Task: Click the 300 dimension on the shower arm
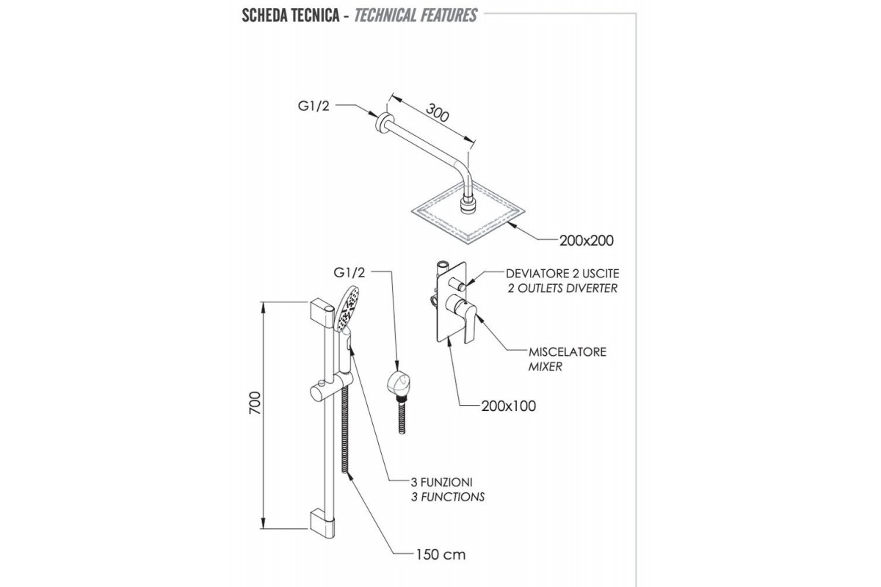(x=438, y=112)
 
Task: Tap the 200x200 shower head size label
(x=587, y=241)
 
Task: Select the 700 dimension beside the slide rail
(x=255, y=403)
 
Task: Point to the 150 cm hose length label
(x=440, y=555)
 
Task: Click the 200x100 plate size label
(x=509, y=406)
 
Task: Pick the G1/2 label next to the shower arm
(x=313, y=106)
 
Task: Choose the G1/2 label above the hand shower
(x=349, y=272)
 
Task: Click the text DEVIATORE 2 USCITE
(x=562, y=273)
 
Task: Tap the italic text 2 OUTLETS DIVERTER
(x=562, y=288)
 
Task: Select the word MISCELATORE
(x=567, y=351)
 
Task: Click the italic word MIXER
(x=545, y=366)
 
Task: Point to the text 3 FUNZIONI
(x=442, y=482)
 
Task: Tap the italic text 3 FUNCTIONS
(x=448, y=497)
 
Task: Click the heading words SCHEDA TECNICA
(x=291, y=15)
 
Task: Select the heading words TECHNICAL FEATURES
(x=416, y=15)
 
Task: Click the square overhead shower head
(x=468, y=213)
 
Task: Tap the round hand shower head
(x=347, y=308)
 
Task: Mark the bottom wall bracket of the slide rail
(x=322, y=523)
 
